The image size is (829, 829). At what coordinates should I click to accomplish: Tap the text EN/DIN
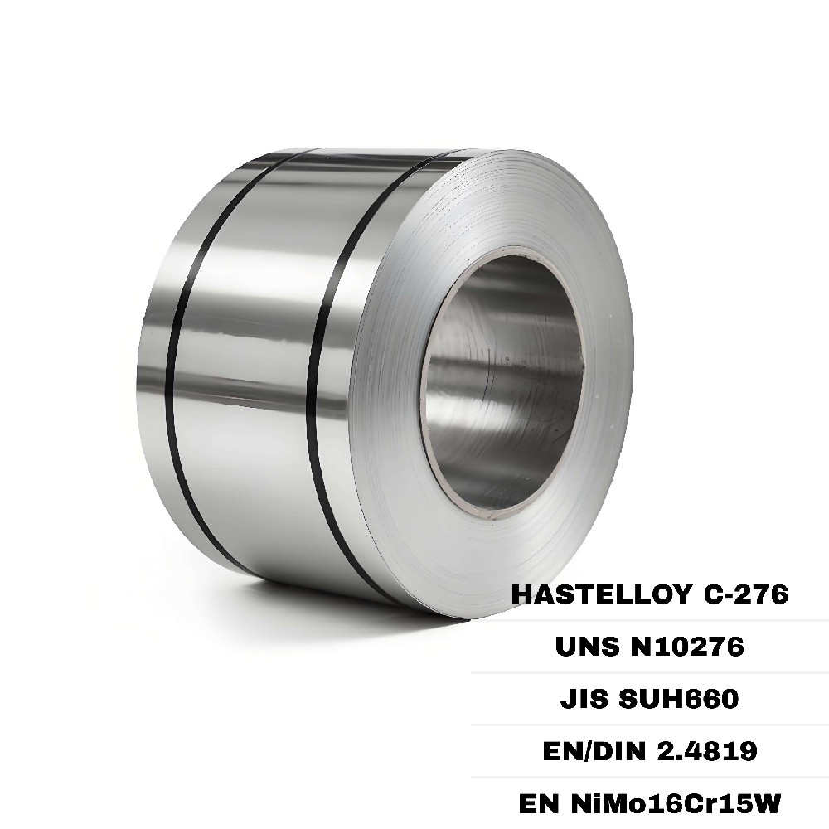click(x=579, y=751)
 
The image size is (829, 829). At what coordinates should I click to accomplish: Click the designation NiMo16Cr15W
click(x=675, y=803)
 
